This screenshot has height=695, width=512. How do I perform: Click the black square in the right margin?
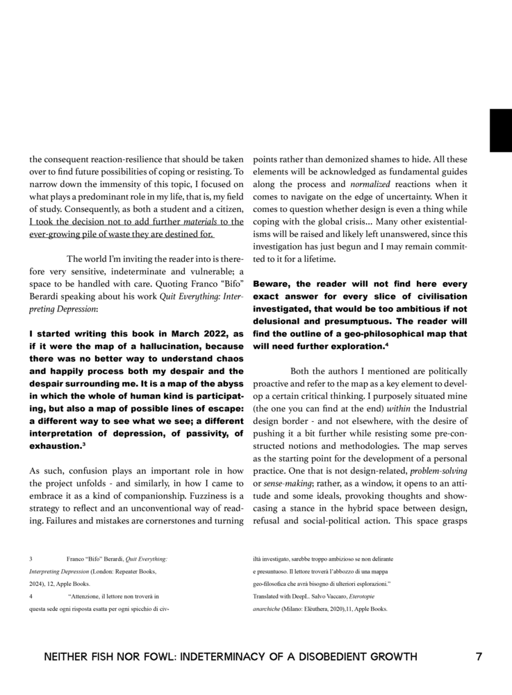tap(501, 130)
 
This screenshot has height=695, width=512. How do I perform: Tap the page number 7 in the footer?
tap(479, 656)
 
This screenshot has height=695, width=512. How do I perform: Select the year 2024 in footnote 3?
tap(40, 584)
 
